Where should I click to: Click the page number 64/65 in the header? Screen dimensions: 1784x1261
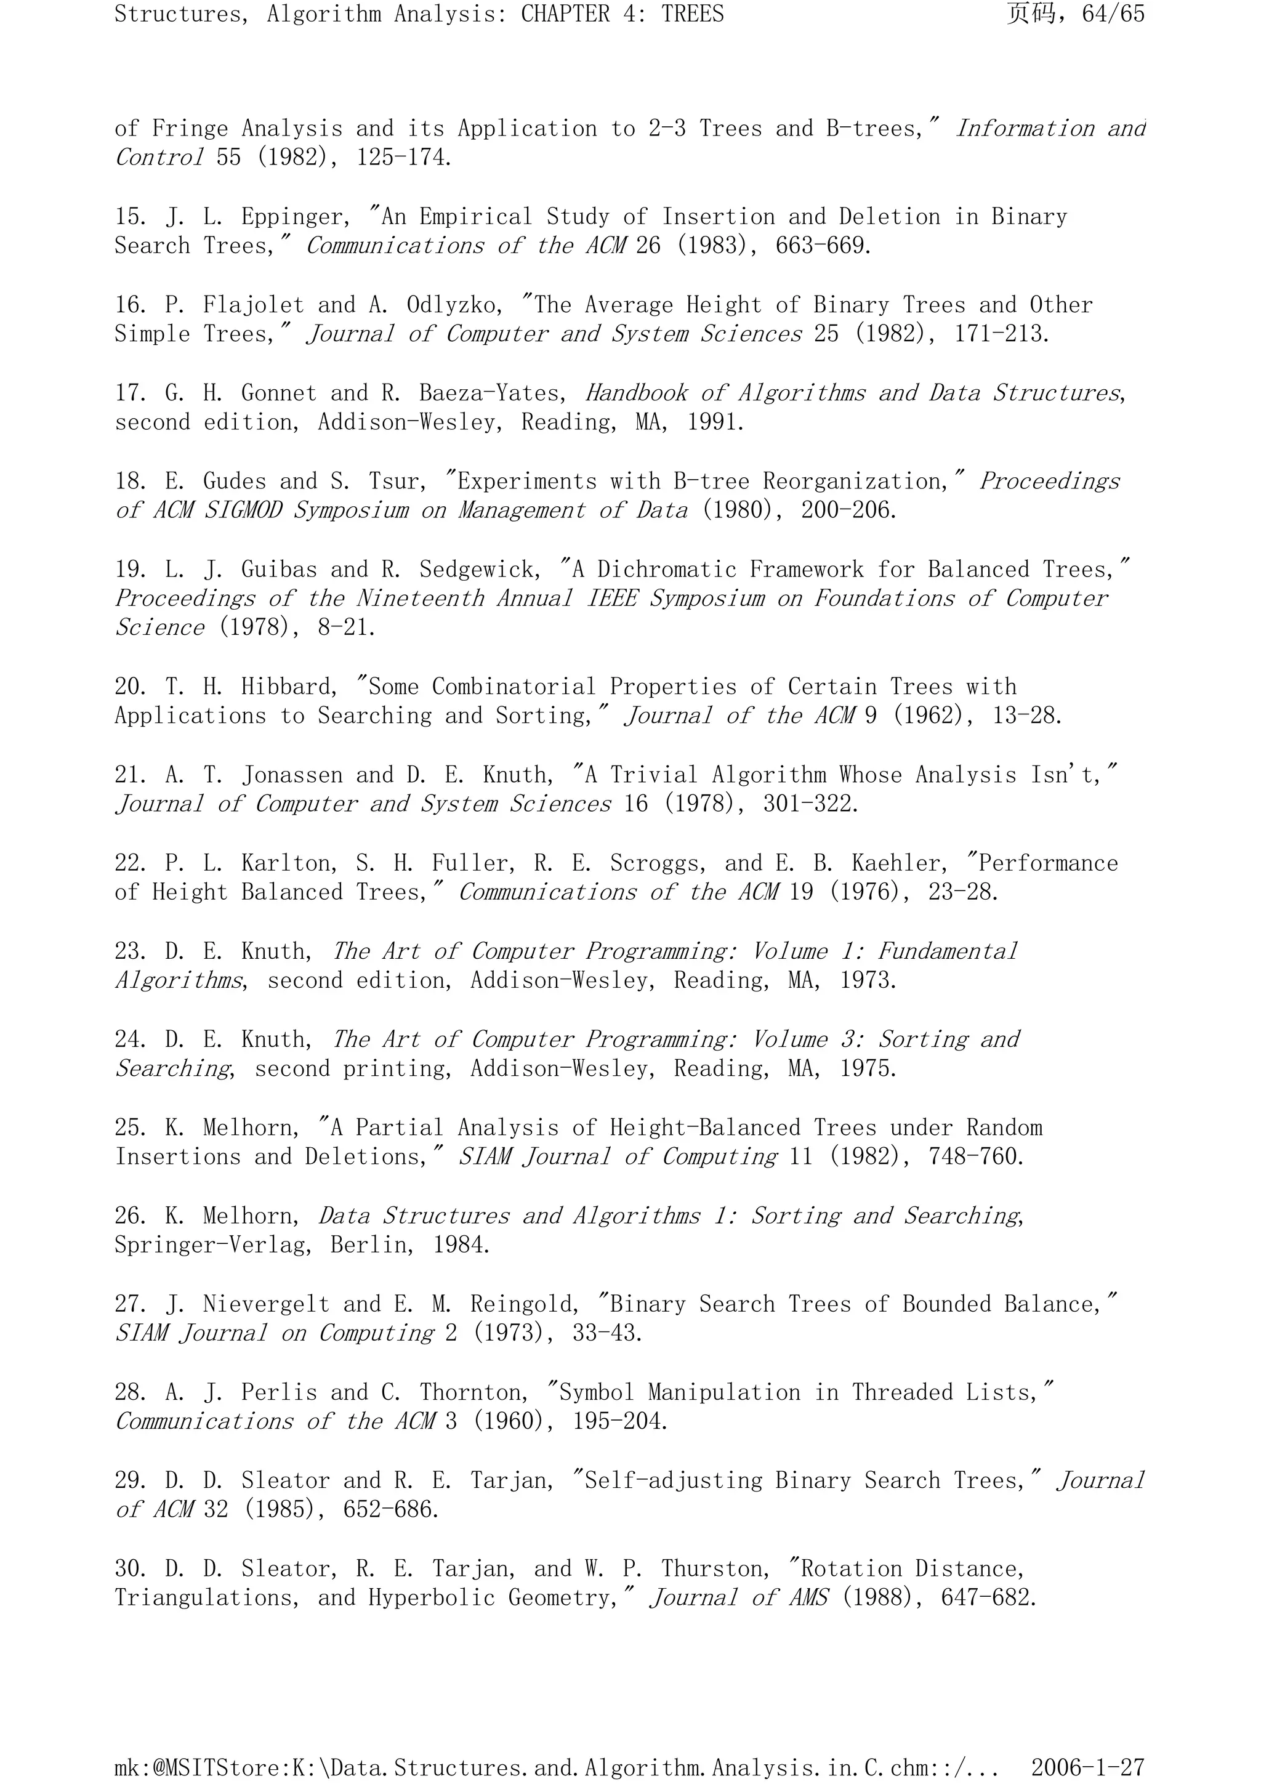point(1113,14)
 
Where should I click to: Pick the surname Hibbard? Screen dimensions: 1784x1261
point(288,687)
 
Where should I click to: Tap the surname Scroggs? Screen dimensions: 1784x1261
point(658,863)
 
